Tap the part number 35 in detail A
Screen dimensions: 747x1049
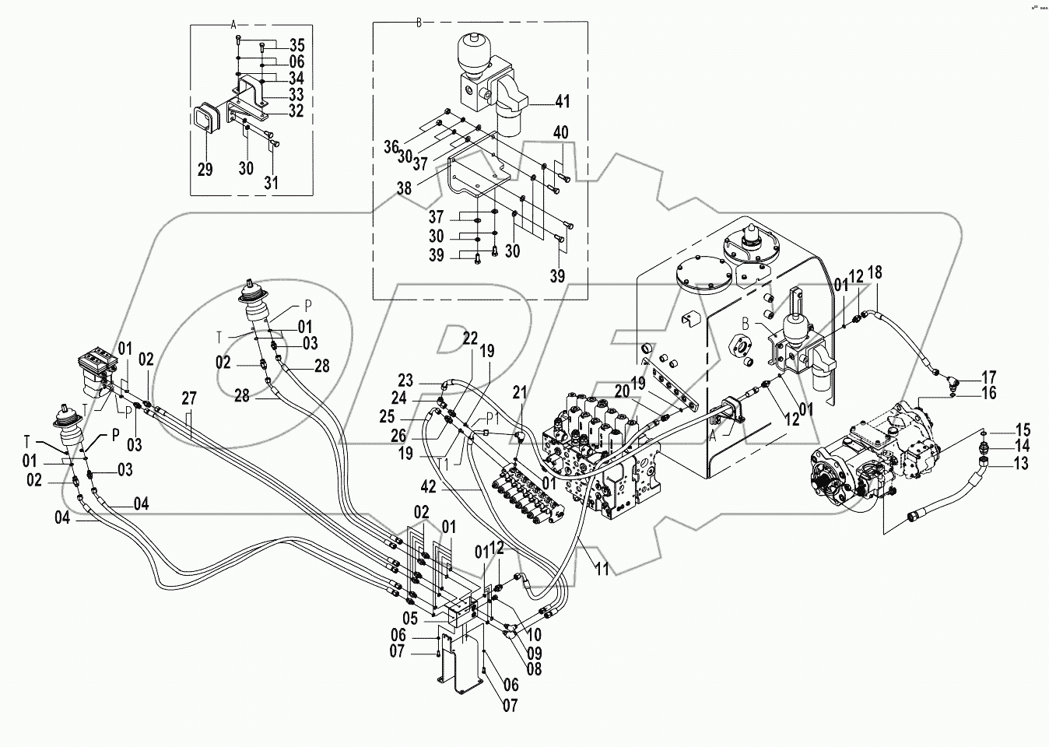(x=275, y=44)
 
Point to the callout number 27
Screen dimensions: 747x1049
(x=189, y=398)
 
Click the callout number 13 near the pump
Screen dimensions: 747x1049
(x=1021, y=465)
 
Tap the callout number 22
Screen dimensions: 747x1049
(x=470, y=338)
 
